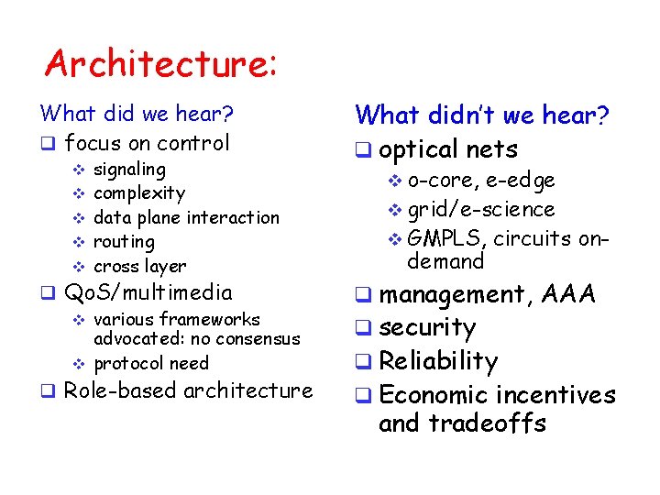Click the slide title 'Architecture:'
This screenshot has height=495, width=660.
(161, 64)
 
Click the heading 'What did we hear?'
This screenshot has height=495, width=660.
(137, 115)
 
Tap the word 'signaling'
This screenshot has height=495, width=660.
(130, 170)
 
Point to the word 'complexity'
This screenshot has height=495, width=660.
(139, 193)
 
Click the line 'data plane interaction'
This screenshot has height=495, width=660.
(187, 218)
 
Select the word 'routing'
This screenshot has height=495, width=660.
(125, 242)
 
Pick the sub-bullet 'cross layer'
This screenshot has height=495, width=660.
(140, 267)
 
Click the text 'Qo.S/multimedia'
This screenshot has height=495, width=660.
(148, 293)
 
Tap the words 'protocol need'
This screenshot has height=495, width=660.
(151, 363)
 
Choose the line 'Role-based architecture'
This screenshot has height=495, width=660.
(189, 390)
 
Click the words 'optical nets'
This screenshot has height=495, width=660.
(448, 149)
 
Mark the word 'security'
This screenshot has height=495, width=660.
(427, 328)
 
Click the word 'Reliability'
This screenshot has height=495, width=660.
(438, 361)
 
